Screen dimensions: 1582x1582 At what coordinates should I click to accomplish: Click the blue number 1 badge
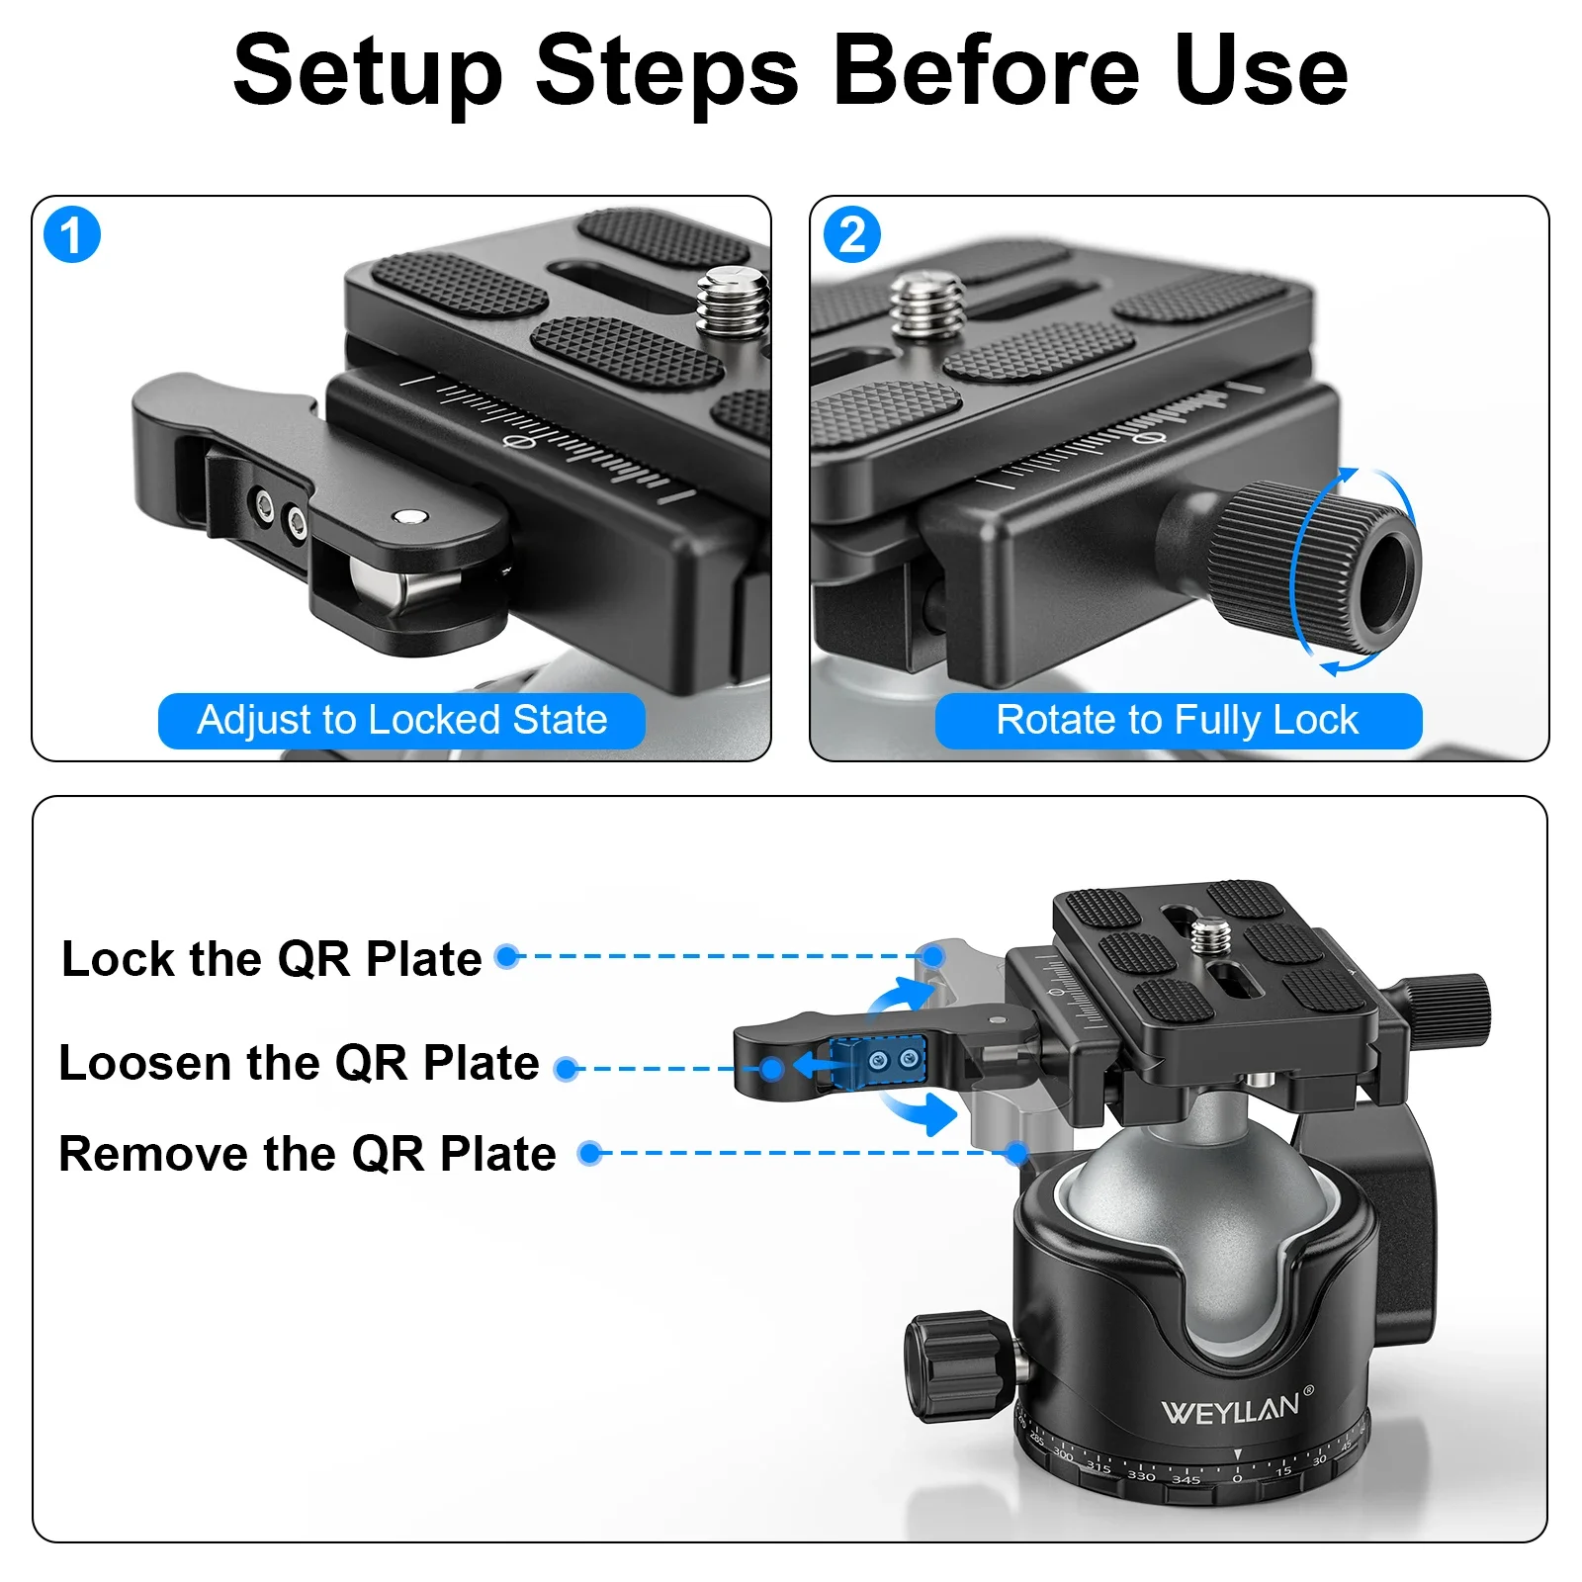pos(72,235)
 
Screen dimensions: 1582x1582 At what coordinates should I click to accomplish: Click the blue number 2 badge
pos(851,235)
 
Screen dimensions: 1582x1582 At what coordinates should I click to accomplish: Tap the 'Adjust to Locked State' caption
pos(401,721)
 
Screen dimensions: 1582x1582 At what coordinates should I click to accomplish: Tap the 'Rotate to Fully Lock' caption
pos(1178,721)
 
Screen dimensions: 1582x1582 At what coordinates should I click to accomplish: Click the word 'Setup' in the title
pos(368,71)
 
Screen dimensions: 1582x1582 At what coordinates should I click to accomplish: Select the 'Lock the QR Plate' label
pos(272,958)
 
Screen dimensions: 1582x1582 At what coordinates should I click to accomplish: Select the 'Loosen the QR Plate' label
pos(299,1063)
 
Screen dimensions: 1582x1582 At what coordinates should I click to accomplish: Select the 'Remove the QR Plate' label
pos(307,1154)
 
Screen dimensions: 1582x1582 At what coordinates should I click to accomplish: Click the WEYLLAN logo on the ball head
pos(1231,1408)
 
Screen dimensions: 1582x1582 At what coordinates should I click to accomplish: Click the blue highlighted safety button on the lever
pos(878,1062)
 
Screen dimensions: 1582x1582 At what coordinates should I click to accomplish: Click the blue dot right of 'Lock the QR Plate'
pos(507,956)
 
